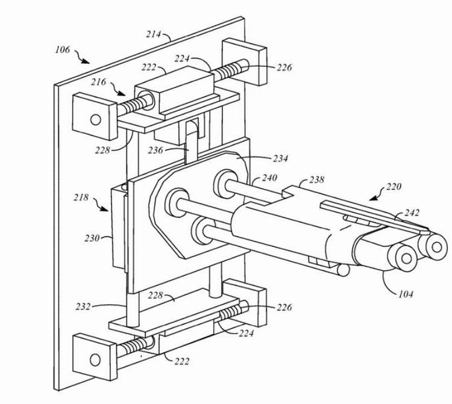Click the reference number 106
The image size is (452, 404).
63,50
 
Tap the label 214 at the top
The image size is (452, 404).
153,34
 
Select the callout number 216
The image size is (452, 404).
99,82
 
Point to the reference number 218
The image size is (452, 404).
81,197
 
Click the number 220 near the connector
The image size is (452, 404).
394,187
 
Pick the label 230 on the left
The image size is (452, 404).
92,238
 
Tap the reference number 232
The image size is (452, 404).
83,306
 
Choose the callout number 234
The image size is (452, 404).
280,158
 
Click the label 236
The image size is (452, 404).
155,150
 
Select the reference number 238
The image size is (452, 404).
317,179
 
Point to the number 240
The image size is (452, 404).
269,178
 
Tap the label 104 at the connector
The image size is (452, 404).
406,294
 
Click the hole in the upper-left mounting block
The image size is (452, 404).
96,119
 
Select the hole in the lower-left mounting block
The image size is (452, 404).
95,360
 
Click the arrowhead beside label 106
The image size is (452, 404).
86,61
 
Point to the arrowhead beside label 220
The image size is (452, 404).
374,198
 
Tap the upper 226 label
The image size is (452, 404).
284,67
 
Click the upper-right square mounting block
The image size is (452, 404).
244,61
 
